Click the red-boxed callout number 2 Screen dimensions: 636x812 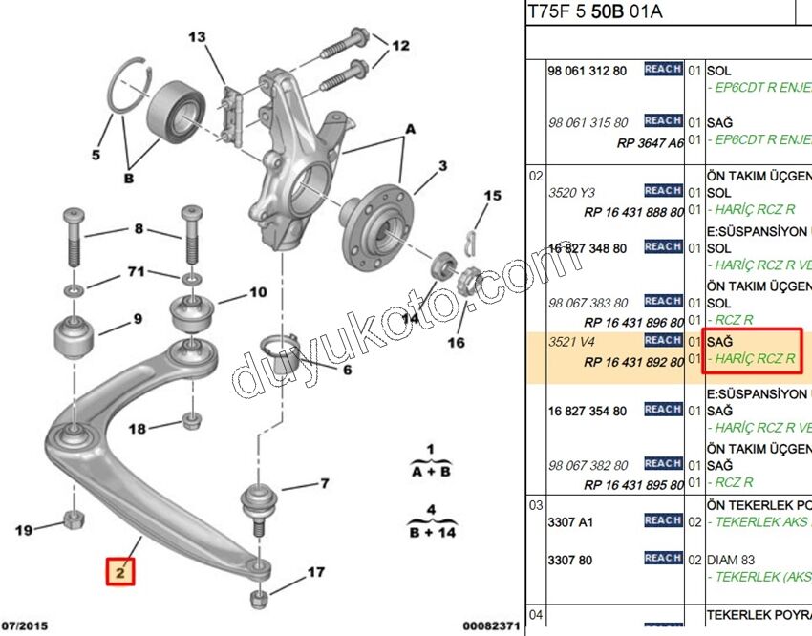point(121,572)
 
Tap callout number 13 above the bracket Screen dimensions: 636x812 point(197,38)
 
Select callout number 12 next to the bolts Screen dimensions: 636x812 point(400,45)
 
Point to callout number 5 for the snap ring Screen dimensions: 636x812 point(96,155)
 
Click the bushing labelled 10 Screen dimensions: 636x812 point(189,314)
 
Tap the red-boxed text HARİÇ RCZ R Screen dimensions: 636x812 point(750,359)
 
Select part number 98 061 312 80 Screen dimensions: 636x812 point(588,71)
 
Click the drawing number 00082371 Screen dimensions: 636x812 point(493,626)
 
